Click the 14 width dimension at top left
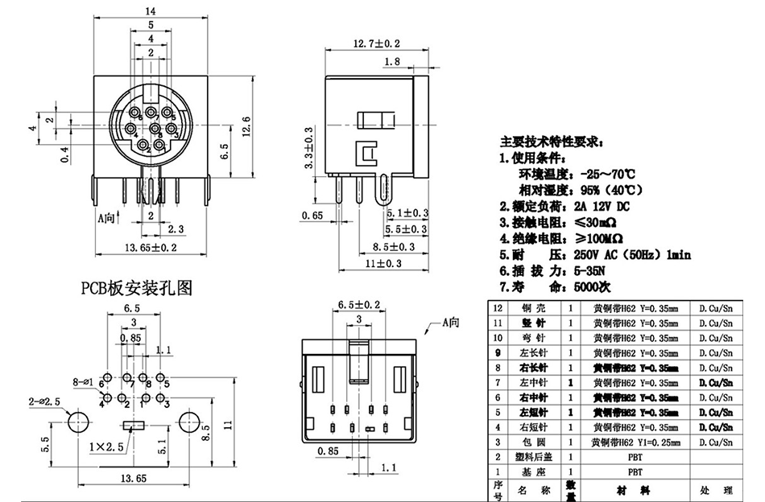pyautogui.click(x=151, y=10)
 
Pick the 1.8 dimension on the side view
pyautogui.click(x=393, y=62)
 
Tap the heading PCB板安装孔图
pyautogui.click(x=136, y=287)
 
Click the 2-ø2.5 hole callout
pyautogui.click(x=44, y=401)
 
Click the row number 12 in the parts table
pyautogui.click(x=496, y=308)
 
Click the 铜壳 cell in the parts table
pyautogui.click(x=533, y=308)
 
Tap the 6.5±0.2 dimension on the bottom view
pyautogui.click(x=359, y=305)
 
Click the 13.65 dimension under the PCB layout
pyautogui.click(x=134, y=479)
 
